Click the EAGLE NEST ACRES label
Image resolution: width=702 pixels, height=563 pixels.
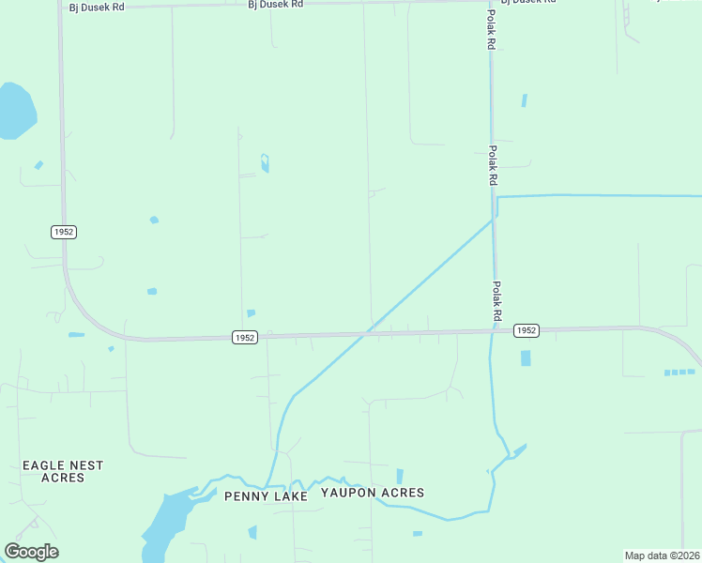pyautogui.click(x=63, y=471)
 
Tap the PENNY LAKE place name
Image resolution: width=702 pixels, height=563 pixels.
pyautogui.click(x=266, y=496)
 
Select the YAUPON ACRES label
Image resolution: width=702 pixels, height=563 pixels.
pyautogui.click(x=373, y=493)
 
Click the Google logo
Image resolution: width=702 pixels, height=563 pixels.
pyautogui.click(x=31, y=552)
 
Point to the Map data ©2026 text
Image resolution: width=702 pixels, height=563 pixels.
pyautogui.click(x=662, y=555)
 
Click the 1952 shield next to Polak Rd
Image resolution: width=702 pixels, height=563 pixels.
pyautogui.click(x=526, y=330)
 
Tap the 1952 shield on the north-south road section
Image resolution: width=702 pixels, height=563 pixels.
pyautogui.click(x=64, y=232)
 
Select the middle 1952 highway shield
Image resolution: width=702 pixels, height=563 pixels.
pyautogui.click(x=244, y=338)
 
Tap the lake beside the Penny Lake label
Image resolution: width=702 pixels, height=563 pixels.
pyautogui.click(x=166, y=523)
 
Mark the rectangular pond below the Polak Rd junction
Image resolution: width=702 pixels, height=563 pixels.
pyautogui.click(x=525, y=358)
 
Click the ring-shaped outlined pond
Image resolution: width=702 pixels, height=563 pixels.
pyautogui.click(x=265, y=162)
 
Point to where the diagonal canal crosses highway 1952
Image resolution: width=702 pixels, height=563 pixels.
pyautogui.click(x=370, y=331)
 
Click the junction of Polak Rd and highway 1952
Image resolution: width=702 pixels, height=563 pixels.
pyautogui.click(x=492, y=330)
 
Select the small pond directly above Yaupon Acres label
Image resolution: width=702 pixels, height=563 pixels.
pyautogui.click(x=400, y=476)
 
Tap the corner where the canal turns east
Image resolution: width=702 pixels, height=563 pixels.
pyautogui.click(x=496, y=198)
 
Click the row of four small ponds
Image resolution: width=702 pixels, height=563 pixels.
pyautogui.click(x=680, y=373)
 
